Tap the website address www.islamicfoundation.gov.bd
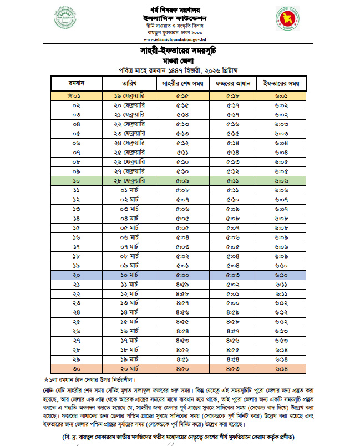coord(180,40)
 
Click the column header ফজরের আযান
coord(232,84)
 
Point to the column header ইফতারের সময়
coord(281,84)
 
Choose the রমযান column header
coord(77,84)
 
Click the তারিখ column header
coord(129,84)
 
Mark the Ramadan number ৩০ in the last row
coord(77,368)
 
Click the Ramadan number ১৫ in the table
coord(77,227)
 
